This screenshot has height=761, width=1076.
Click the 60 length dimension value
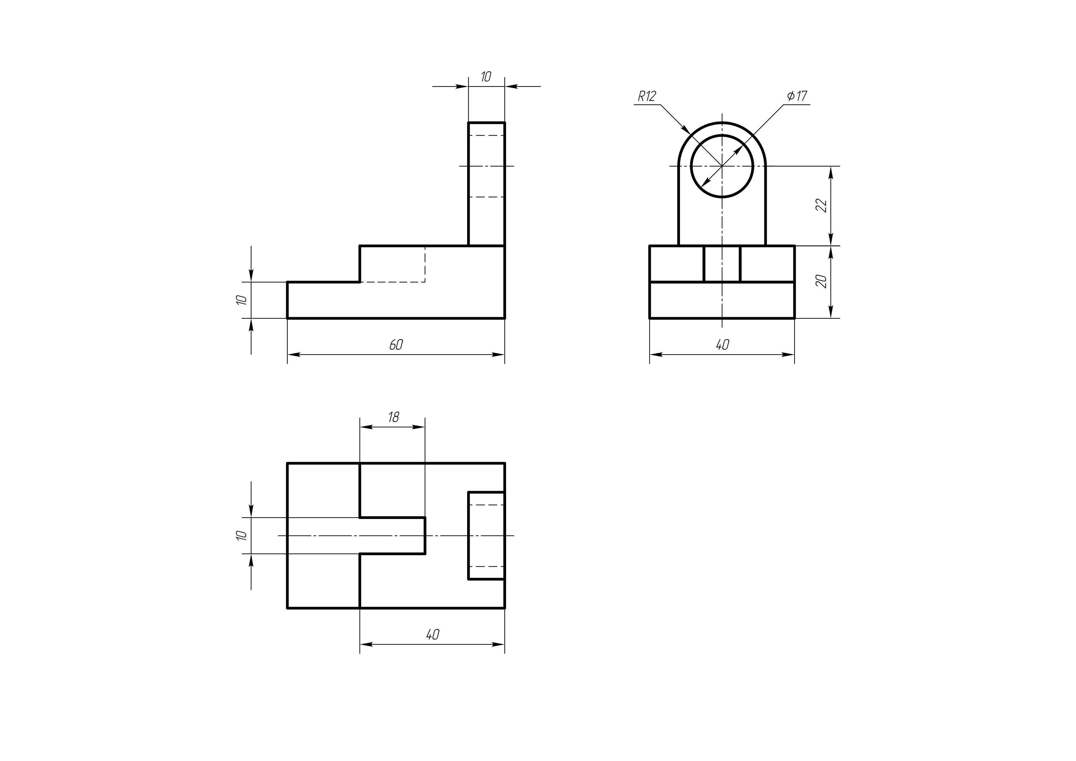tap(396, 345)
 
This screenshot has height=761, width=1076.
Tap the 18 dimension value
tap(393, 417)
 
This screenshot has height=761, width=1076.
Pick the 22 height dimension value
tap(821, 205)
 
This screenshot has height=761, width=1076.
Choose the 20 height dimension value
tap(821, 281)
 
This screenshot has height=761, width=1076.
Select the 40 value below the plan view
tap(432, 635)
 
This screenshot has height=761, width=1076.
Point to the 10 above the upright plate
tap(486, 77)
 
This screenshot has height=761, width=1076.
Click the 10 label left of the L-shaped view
tap(241, 300)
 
